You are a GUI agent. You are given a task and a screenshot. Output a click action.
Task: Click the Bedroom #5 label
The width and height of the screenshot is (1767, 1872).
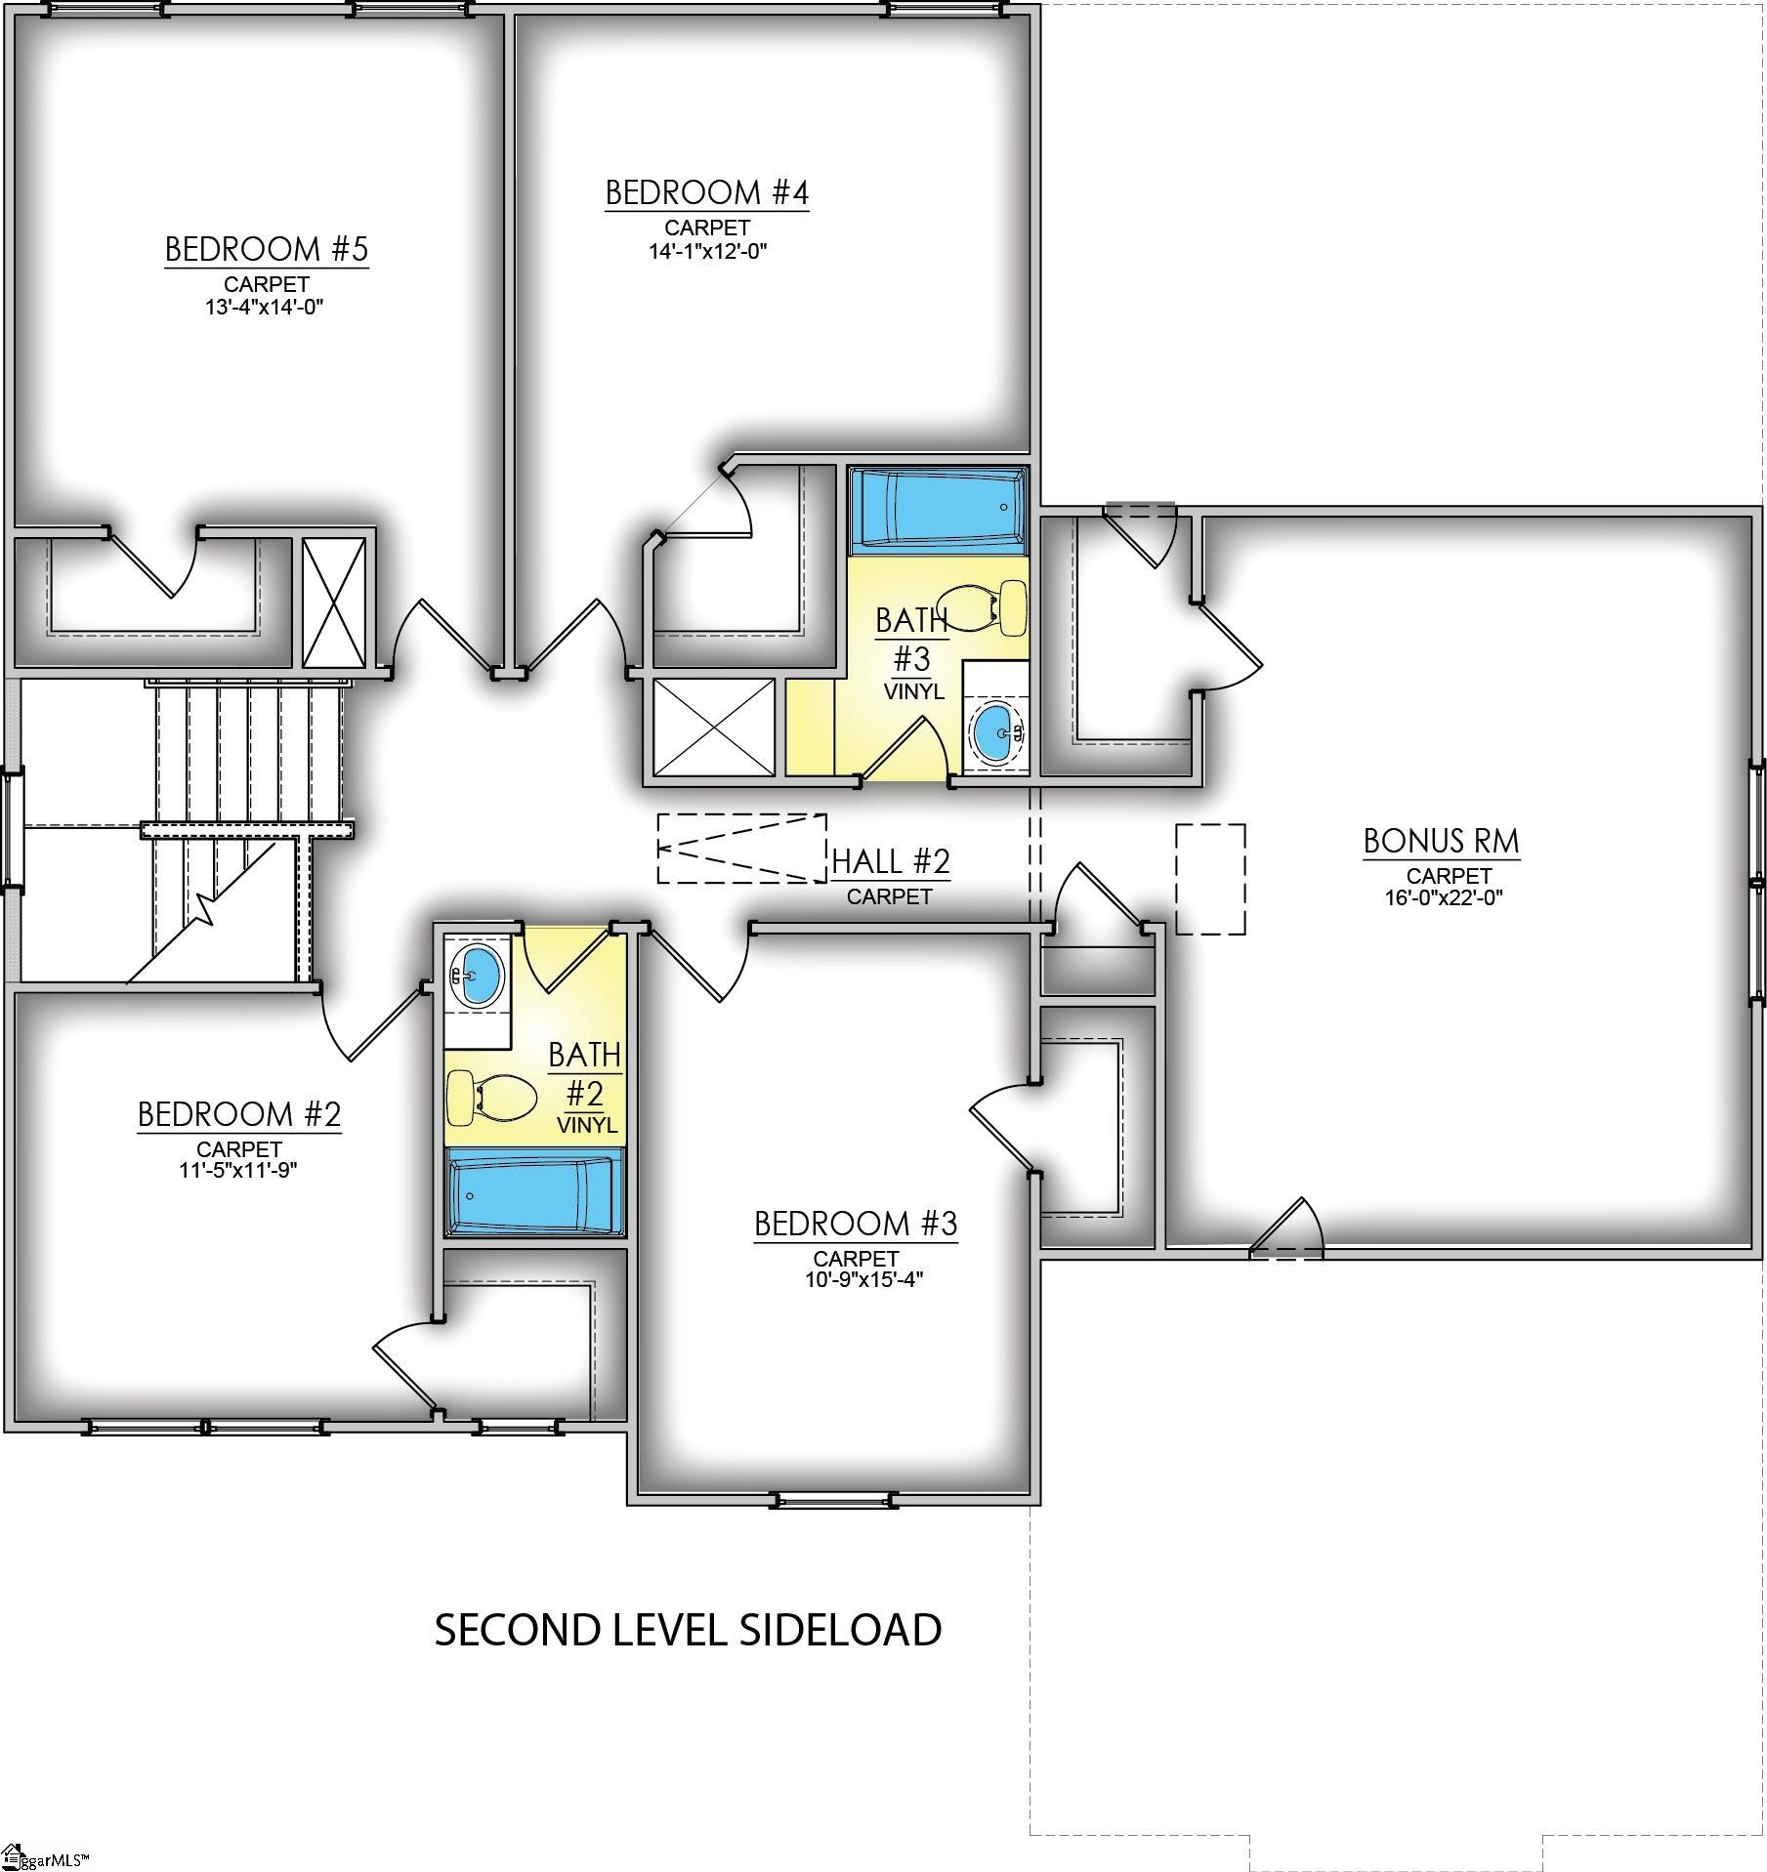pyautogui.click(x=266, y=249)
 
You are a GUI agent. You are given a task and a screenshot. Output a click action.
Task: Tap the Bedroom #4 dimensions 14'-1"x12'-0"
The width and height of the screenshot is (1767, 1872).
pyautogui.click(x=707, y=251)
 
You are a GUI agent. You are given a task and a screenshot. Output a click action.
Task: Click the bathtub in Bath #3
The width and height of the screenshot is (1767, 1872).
pyautogui.click(x=938, y=508)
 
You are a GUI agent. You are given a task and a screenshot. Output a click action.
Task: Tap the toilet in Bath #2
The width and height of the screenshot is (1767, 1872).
pyautogui.click(x=491, y=1097)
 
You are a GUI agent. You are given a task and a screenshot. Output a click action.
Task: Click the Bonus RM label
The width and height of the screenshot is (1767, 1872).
pyautogui.click(x=1441, y=841)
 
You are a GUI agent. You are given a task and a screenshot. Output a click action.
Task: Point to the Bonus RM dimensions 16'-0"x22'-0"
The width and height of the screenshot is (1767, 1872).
pyautogui.click(x=1443, y=896)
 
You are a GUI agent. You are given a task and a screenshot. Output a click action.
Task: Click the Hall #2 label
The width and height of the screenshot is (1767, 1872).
pyautogui.click(x=890, y=861)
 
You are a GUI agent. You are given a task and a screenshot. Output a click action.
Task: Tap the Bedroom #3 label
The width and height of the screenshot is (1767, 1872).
pyautogui.click(x=856, y=1224)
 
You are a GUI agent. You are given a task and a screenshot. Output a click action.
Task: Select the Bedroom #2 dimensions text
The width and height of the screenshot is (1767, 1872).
pyautogui.click(x=238, y=1169)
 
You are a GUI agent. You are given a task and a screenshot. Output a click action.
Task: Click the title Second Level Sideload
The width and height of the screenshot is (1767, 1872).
pyautogui.click(x=688, y=1630)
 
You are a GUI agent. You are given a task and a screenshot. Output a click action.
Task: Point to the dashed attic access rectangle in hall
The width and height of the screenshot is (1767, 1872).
pyautogui.click(x=741, y=849)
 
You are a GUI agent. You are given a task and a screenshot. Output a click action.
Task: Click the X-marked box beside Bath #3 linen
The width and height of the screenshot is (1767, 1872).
pyautogui.click(x=713, y=728)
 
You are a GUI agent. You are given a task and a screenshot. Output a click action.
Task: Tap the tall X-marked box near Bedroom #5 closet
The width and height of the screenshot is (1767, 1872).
pyautogui.click(x=333, y=603)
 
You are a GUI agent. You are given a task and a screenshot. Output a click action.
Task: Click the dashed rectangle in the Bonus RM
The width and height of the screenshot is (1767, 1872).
pyautogui.click(x=1209, y=879)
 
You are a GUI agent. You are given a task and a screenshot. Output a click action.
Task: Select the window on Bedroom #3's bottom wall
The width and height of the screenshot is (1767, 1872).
pyautogui.click(x=833, y=1498)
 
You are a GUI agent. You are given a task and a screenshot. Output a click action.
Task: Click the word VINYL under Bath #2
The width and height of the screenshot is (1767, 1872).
pyautogui.click(x=587, y=1125)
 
